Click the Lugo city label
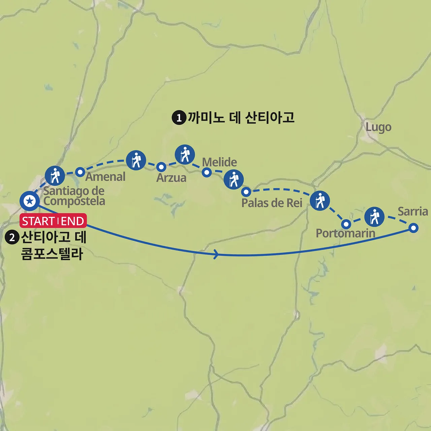(378, 127)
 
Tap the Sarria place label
(412, 211)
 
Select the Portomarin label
(345, 233)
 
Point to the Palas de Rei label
(272, 203)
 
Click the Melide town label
(219, 162)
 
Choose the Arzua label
(171, 178)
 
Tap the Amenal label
(105, 177)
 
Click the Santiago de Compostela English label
(74, 196)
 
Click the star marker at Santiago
(30, 201)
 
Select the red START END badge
(53, 221)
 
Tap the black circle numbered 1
(179, 118)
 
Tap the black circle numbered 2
(12, 237)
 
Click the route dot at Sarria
(413, 228)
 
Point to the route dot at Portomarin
(346, 224)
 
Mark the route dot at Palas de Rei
(246, 192)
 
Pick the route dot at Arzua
(161, 167)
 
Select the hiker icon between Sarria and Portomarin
(374, 217)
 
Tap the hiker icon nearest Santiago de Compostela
(55, 175)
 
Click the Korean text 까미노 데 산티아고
(241, 118)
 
